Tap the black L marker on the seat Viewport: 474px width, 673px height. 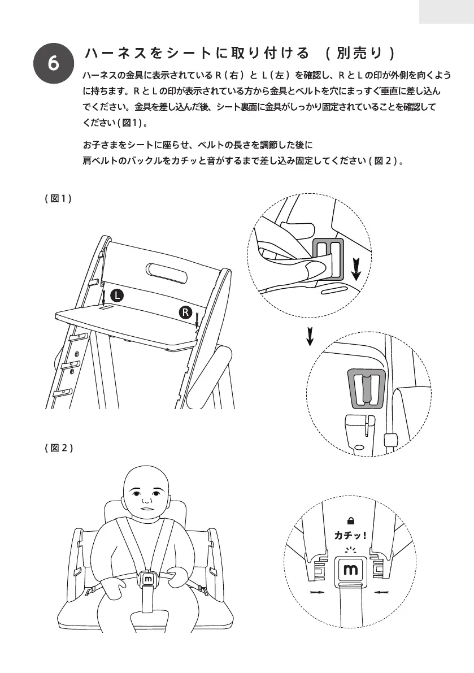pyautogui.click(x=116, y=294)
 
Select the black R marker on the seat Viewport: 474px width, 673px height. pyautogui.click(x=186, y=312)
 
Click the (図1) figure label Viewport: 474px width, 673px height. pyautogui.click(x=58, y=199)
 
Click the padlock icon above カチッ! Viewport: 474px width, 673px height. pyautogui.click(x=351, y=521)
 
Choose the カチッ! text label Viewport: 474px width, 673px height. pyautogui.click(x=351, y=535)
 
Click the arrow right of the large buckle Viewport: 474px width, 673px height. pyautogui.click(x=381, y=593)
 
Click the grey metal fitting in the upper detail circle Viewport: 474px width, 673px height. pyautogui.click(x=328, y=258)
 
